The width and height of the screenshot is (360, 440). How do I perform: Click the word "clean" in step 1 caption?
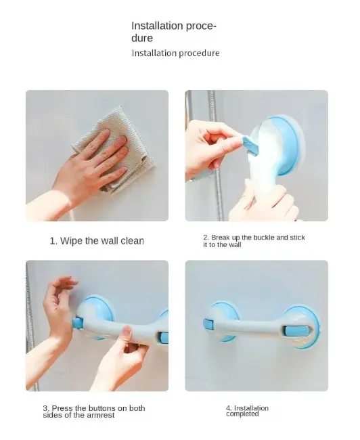132,241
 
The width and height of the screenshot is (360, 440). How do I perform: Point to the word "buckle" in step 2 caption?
264,238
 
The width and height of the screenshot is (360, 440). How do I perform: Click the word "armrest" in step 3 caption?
100,415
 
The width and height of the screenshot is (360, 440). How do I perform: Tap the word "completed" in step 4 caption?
242,414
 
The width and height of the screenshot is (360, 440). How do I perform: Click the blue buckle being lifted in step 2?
250,145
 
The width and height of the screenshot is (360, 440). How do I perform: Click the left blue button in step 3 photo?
77,323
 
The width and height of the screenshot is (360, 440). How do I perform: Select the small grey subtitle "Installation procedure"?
176,53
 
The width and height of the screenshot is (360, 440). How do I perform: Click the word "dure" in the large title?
142,38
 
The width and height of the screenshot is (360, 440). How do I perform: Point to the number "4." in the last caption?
229,408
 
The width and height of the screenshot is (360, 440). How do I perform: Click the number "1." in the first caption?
53,241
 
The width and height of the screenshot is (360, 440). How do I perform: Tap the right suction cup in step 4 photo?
302,327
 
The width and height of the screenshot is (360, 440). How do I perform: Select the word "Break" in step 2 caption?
221,238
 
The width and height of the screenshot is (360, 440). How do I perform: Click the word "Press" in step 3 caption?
62,408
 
